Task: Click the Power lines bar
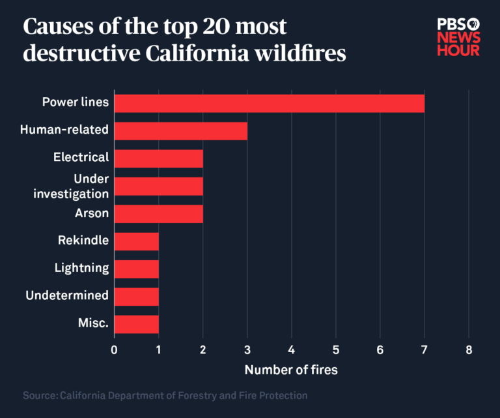click(270, 103)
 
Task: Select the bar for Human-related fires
click(181, 130)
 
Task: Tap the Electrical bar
click(159, 158)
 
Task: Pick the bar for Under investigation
click(159, 186)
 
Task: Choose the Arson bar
click(159, 213)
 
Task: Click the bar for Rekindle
click(137, 241)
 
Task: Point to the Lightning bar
click(137, 269)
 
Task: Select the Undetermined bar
click(137, 296)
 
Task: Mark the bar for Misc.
click(137, 324)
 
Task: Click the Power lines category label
click(76, 102)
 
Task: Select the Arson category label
click(92, 213)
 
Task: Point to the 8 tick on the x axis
click(469, 350)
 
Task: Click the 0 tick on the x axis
click(115, 350)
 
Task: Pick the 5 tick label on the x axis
click(336, 350)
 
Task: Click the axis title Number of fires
click(291, 370)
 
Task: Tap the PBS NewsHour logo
click(458, 37)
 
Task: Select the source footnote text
click(165, 396)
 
